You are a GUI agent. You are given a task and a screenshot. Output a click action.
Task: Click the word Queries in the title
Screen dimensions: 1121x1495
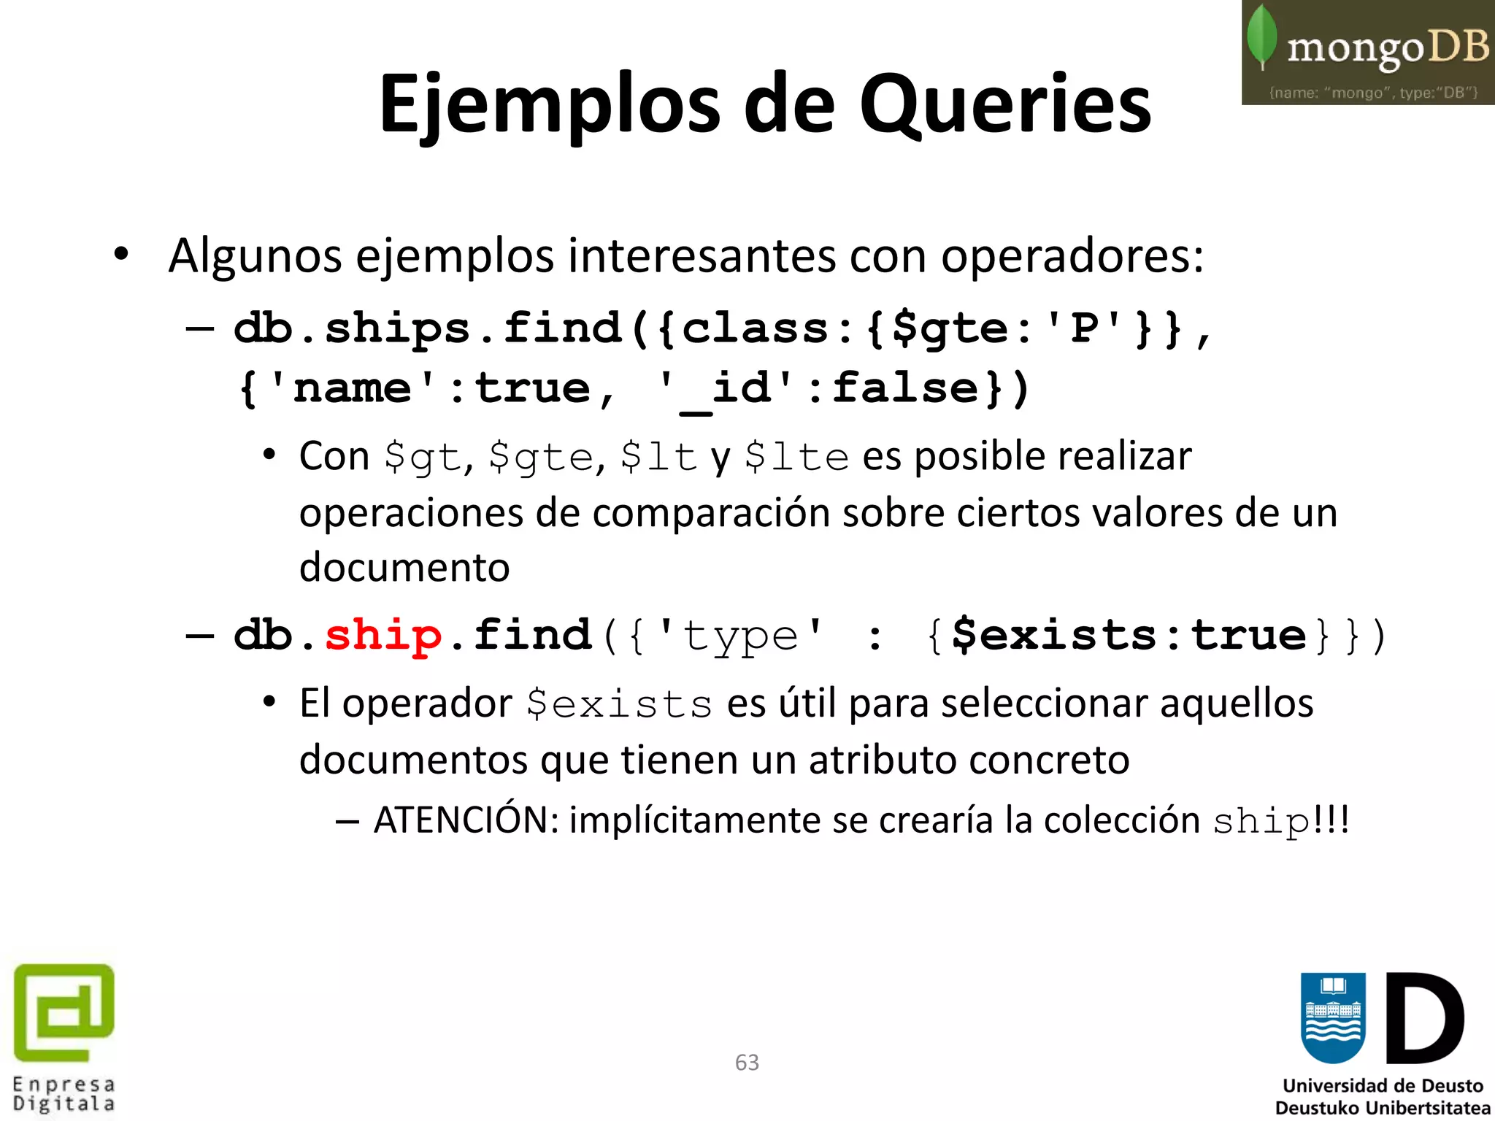(x=1005, y=106)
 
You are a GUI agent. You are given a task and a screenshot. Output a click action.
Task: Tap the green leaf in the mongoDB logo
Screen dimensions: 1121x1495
(x=1262, y=36)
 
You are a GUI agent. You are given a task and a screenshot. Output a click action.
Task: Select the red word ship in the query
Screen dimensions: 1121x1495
(x=383, y=635)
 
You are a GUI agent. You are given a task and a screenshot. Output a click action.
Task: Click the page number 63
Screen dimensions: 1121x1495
(x=747, y=1063)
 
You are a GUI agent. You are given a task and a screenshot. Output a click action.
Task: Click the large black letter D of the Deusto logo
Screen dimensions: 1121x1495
(x=1424, y=1018)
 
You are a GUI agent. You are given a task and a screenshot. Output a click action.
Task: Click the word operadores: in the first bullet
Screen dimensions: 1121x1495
(x=1072, y=256)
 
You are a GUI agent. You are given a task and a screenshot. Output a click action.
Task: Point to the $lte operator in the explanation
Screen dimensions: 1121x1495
(x=796, y=458)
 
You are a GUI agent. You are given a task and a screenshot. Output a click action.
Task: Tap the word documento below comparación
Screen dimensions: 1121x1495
(x=404, y=567)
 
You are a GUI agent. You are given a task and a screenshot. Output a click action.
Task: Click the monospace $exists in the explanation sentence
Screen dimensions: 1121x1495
(x=619, y=705)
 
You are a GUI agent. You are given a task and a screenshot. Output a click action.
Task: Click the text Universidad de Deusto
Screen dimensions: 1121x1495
(x=1383, y=1086)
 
